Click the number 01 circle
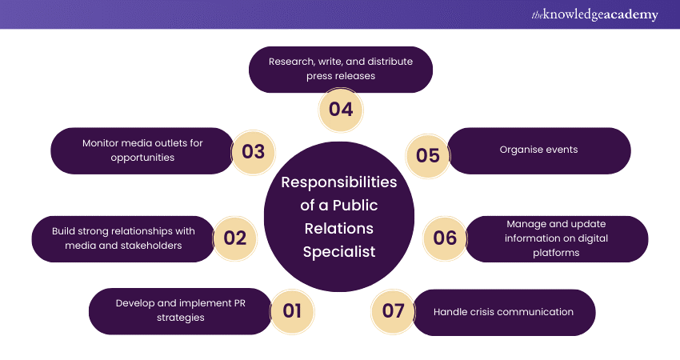[x=293, y=311]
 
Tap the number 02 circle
[x=235, y=238]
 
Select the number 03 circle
[x=253, y=151]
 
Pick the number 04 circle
[x=341, y=109]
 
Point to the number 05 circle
[x=428, y=154]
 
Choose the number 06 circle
[x=445, y=238]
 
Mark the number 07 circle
[x=394, y=311]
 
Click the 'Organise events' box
[x=538, y=150]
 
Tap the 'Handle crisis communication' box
[x=504, y=311]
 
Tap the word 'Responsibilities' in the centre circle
[x=338, y=182]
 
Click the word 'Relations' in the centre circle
[x=338, y=229]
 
